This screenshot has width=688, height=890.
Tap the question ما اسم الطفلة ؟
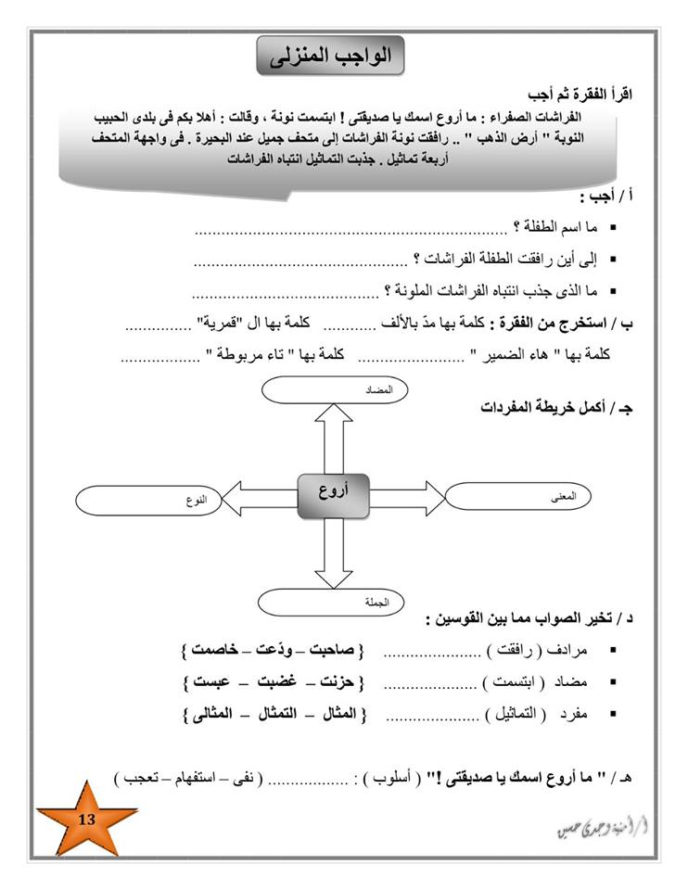(x=555, y=227)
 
